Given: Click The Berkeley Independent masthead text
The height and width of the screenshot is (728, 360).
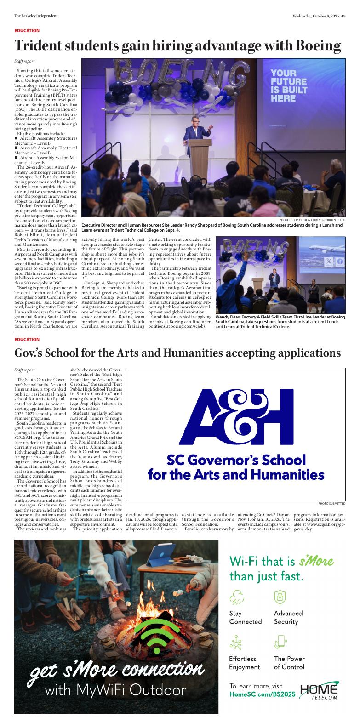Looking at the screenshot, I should click(33, 16).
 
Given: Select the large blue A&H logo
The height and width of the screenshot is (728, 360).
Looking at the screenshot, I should click(236, 417).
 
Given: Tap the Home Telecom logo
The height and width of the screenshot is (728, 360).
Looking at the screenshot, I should click(319, 691).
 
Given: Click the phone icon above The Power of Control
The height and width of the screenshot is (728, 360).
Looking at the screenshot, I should click(280, 642).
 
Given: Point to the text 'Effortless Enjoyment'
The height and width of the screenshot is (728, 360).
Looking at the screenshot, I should click(245, 663).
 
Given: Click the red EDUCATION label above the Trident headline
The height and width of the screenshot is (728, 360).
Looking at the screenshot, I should click(27, 30).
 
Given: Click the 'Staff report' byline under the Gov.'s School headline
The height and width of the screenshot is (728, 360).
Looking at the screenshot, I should click(24, 370).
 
